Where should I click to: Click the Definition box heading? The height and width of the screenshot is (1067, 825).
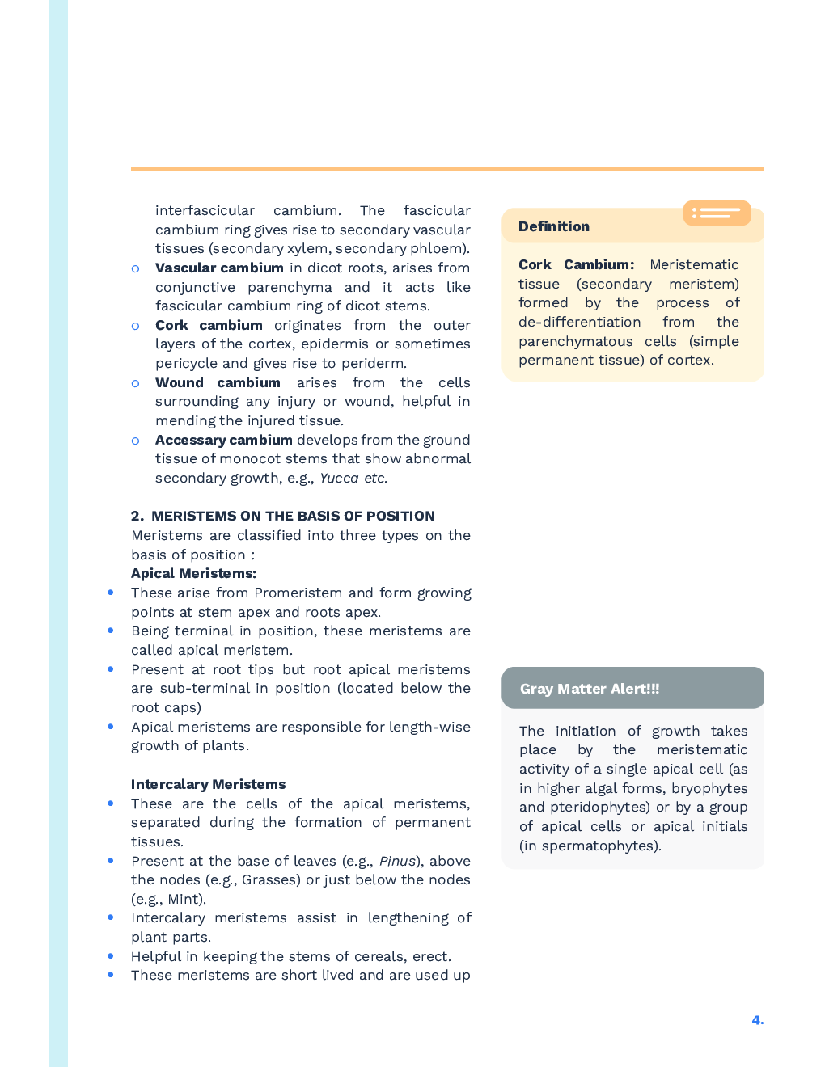pyautogui.click(x=554, y=226)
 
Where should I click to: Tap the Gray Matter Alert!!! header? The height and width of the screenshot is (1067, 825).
pyautogui.click(x=590, y=689)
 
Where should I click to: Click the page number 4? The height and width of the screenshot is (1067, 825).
pyautogui.click(x=757, y=1020)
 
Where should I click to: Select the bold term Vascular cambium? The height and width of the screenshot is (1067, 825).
pyautogui.click(x=219, y=268)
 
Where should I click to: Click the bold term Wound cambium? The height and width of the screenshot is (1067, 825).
pyautogui.click(x=218, y=382)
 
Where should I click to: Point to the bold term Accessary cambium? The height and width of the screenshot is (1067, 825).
pyautogui.click(x=223, y=440)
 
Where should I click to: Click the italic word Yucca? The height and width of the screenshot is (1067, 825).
pyautogui.click(x=339, y=478)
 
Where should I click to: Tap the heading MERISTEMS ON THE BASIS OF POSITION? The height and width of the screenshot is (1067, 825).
pyautogui.click(x=292, y=516)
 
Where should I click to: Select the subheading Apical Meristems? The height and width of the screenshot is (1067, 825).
pyautogui.click(x=193, y=573)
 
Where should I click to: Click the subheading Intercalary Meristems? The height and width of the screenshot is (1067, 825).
pyautogui.click(x=208, y=784)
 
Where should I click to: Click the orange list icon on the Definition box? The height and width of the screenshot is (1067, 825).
pyautogui.click(x=717, y=213)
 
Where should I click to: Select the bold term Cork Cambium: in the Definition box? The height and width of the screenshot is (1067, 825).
pyautogui.click(x=576, y=264)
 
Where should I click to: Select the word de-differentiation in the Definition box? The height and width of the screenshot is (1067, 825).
pyautogui.click(x=579, y=322)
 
